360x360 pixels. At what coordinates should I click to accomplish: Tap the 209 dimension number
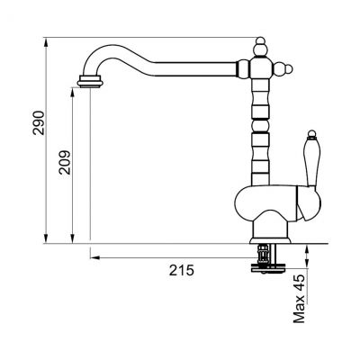60,162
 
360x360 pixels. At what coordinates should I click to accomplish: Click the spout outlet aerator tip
91,83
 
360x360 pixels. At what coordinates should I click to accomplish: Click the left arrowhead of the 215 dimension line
94,255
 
